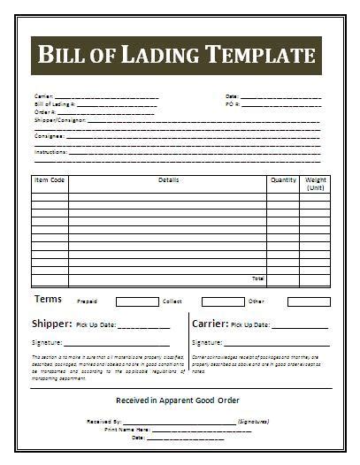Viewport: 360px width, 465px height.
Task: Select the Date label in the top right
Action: [232, 95]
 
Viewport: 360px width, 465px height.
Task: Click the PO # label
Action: [232, 104]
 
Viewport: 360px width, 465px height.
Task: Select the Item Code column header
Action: [50, 180]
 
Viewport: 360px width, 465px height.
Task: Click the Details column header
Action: [168, 180]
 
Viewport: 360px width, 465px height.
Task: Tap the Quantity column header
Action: [283, 180]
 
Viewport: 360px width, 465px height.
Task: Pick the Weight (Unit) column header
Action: [316, 184]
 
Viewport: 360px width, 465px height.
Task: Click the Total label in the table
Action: [257, 278]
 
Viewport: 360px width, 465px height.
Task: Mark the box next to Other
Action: [308, 301]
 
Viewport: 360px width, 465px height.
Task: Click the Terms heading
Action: [48, 300]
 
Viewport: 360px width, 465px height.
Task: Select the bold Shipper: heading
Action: [51, 324]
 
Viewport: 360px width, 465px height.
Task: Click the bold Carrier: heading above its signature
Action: [211, 324]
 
